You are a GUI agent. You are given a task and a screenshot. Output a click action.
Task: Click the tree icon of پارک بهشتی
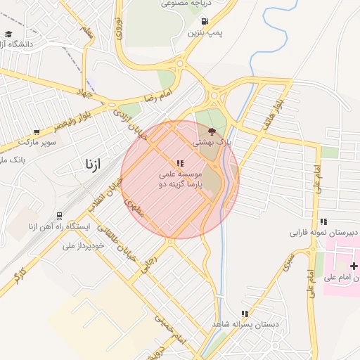pos(212,131)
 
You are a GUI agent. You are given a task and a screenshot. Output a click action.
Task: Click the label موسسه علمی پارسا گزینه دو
pos(180,179)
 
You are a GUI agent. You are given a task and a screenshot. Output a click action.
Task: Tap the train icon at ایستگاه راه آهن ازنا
pos(60,216)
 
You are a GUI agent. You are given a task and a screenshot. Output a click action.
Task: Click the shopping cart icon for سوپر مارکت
pos(37,131)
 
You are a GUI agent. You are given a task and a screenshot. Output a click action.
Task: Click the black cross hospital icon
pos(354,265)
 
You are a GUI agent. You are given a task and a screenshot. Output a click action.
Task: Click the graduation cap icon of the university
pos(8,33)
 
